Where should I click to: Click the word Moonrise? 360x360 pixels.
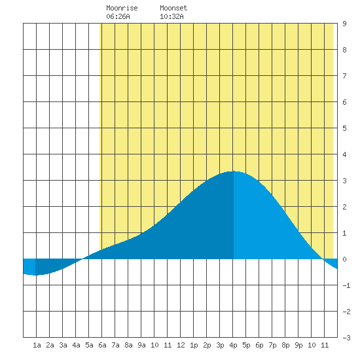click(x=122, y=8)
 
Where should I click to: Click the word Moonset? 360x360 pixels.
click(x=173, y=8)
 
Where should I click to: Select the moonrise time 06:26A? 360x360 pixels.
click(x=118, y=16)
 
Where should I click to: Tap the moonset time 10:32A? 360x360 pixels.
click(x=171, y=16)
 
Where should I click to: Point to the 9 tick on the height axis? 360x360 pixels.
click(x=344, y=24)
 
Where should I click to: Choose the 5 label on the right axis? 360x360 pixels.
click(x=344, y=128)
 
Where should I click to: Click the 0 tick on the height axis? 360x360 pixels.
click(x=344, y=259)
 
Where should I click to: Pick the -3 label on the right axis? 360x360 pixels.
click(x=346, y=338)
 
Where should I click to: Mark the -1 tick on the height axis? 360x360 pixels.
click(x=346, y=285)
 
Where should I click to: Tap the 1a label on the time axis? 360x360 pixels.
click(x=37, y=345)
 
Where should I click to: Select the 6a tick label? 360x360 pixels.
click(x=102, y=345)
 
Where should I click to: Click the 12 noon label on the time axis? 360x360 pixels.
click(x=181, y=345)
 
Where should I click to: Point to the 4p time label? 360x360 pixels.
click(x=233, y=345)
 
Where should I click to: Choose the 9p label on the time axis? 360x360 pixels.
click(x=298, y=345)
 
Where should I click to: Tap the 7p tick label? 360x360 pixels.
click(x=272, y=345)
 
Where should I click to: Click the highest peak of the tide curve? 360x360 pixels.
click(x=232, y=171)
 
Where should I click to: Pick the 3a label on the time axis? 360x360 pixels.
click(x=63, y=345)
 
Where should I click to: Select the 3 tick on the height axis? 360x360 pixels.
click(x=344, y=181)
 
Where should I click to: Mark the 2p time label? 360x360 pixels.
click(x=207, y=345)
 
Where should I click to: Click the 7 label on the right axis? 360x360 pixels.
click(x=344, y=76)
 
